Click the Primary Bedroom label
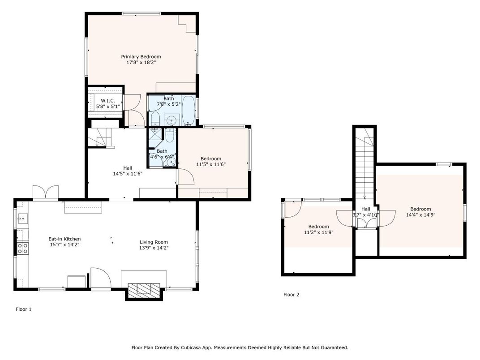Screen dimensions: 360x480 pos(141,57)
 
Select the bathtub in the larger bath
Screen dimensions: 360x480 pos(189,110)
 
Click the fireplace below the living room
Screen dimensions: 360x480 pos(143,290)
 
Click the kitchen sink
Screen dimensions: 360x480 pos(21,219)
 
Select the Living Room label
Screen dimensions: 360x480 pos(154,242)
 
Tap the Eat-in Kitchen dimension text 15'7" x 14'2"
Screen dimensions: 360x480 pos(64,244)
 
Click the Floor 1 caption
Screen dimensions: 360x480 pos(24,309)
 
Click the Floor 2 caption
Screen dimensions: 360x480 pos(291,295)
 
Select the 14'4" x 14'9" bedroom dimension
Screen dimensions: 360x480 pos(420,215)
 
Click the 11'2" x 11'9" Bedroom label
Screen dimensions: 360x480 pos(318,227)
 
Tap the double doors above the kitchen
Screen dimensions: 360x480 pos(45,192)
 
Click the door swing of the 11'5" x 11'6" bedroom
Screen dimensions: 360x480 pos(185,176)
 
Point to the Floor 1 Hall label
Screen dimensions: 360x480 pos(128,168)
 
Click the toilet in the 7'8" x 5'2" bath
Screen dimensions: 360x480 pos(155,119)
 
